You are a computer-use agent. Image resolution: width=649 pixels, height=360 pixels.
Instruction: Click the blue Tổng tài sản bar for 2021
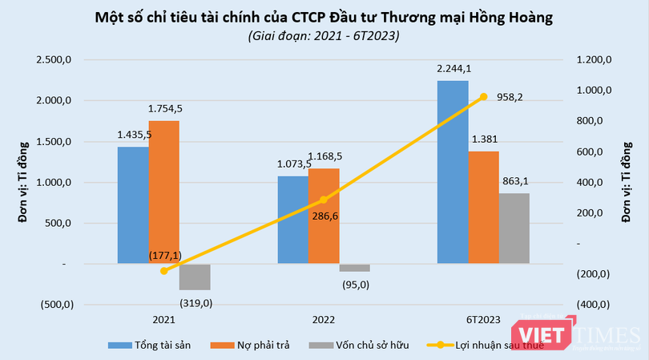pyautogui.click(x=133, y=205)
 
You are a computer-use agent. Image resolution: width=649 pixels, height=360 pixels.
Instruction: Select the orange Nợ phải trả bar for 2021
pyautogui.click(x=163, y=192)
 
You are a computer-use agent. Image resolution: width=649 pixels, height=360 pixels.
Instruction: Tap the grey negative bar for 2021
pyautogui.click(x=194, y=277)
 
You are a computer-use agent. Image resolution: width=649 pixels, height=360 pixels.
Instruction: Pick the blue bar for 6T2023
pyautogui.click(x=453, y=172)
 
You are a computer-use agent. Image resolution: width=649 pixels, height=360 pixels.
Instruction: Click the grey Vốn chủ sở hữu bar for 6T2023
pyautogui.click(x=514, y=228)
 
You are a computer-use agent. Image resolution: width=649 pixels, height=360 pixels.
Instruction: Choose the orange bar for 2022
pyautogui.click(x=324, y=216)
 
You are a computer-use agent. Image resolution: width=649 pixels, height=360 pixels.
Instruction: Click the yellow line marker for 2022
pyautogui.click(x=324, y=200)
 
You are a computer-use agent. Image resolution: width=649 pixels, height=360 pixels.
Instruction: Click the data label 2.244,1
pyautogui.click(x=453, y=69)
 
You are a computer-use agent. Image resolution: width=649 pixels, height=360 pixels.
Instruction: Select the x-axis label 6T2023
pyautogui.click(x=483, y=320)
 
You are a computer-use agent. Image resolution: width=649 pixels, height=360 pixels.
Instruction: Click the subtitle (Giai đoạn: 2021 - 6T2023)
pyautogui.click(x=323, y=36)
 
